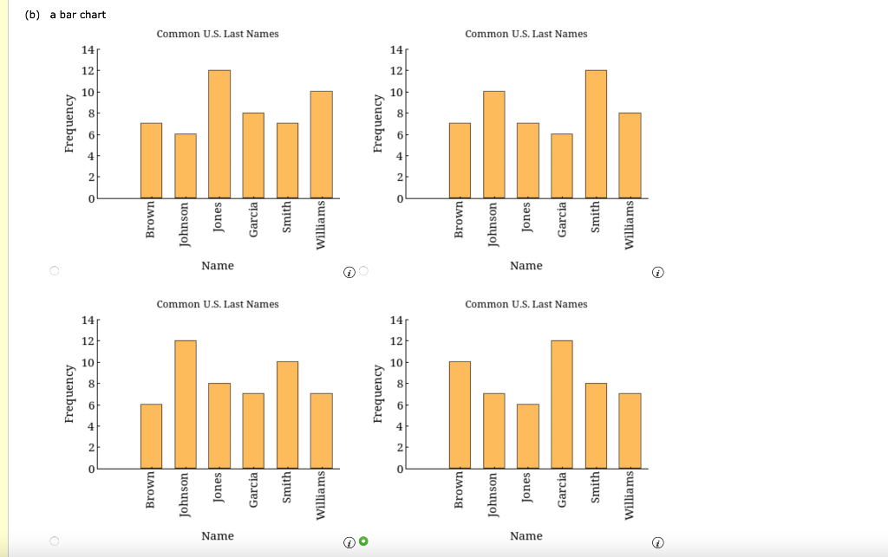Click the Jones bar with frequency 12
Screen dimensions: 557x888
[219, 134]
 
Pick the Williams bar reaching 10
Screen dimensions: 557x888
[321, 145]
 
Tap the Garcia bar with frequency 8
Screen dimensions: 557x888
[253, 156]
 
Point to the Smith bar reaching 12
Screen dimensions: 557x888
[596, 134]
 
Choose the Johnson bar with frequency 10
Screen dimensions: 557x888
[493, 145]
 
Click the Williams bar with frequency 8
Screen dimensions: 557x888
[630, 156]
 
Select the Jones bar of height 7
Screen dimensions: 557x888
[527, 161]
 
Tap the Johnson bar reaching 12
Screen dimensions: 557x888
[185, 405]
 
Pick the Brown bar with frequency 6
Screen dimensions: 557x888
[151, 437]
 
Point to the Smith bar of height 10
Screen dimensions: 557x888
[287, 415]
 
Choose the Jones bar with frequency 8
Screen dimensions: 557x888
[219, 426]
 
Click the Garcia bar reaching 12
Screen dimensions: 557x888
[562, 405]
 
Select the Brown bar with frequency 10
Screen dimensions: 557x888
[460, 415]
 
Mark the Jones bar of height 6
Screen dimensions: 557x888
[527, 437]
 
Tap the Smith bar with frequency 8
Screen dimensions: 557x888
[596, 426]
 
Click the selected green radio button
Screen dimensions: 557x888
[363, 542]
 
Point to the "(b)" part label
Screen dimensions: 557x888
[32, 15]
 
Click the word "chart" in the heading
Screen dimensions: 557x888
[92, 15]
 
